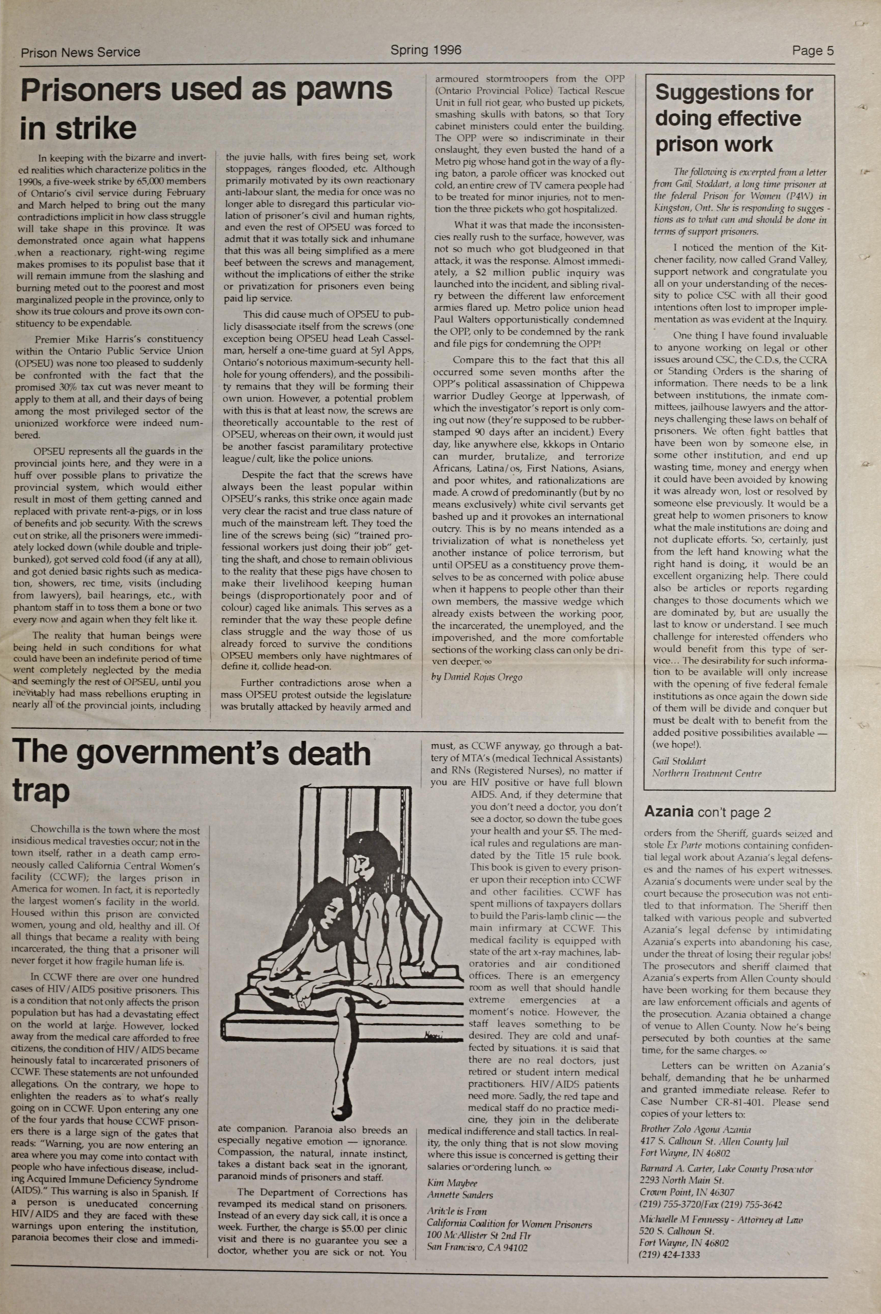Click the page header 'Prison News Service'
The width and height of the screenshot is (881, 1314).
click(80, 52)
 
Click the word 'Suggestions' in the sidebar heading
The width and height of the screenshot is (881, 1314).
click(734, 93)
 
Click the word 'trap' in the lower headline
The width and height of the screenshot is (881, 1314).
click(41, 791)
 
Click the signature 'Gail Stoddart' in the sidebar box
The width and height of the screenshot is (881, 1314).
click(679, 761)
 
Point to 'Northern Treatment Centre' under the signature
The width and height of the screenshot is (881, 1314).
click(706, 773)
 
